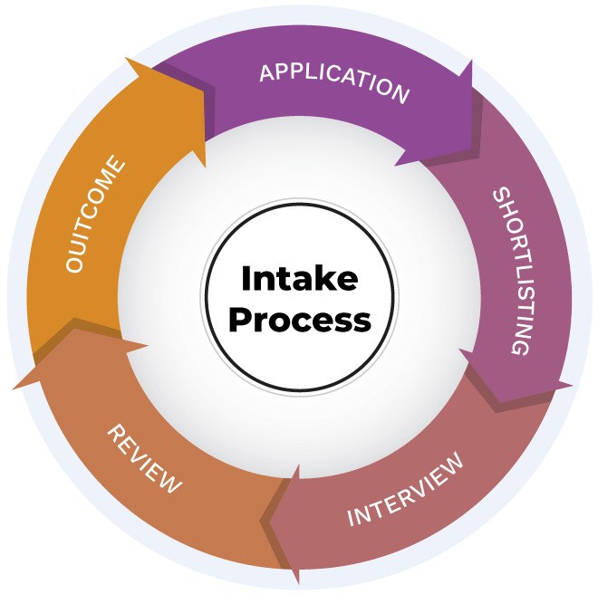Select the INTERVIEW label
coord(405,489)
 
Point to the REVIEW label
coord(144,458)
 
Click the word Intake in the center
coord(299,278)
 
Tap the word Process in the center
coord(299,320)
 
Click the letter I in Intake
coord(245,278)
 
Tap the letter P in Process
coord(237,320)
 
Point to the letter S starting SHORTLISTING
coord(502,197)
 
